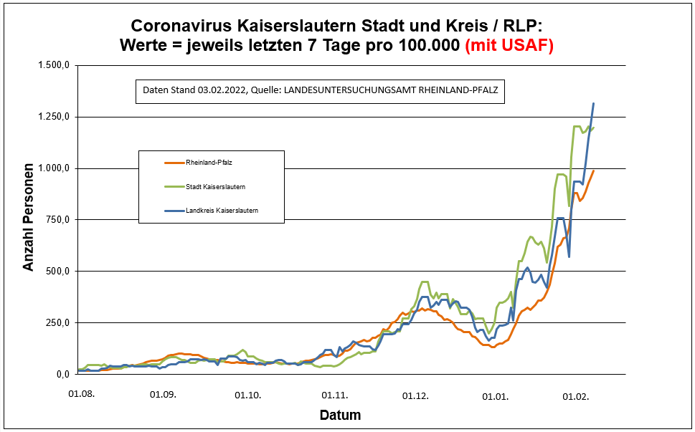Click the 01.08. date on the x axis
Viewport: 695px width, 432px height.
click(x=81, y=394)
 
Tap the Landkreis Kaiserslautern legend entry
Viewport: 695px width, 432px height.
click(x=222, y=211)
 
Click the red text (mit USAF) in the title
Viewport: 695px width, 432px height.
click(x=509, y=45)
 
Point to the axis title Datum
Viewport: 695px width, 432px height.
click(x=340, y=416)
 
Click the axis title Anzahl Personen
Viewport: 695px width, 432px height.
click(x=29, y=221)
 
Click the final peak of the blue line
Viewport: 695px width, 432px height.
click(x=593, y=104)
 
